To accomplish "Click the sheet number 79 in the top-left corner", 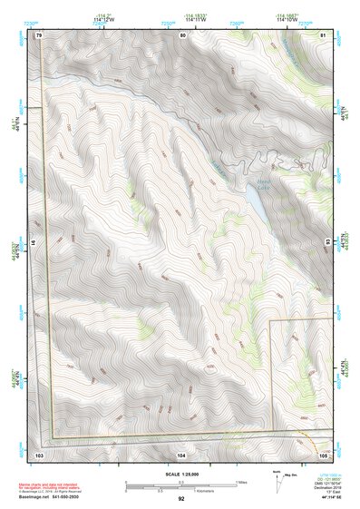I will point(40,34).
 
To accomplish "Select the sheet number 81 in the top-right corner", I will point(322,34).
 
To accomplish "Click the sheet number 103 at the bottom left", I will point(39,451).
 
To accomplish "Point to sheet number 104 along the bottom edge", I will point(181,451).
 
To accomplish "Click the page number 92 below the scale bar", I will point(181,499).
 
